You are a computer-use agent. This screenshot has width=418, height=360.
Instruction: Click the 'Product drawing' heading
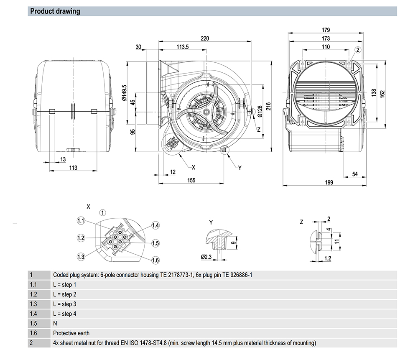click(55, 11)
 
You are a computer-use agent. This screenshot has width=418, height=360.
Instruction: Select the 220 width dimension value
click(205, 38)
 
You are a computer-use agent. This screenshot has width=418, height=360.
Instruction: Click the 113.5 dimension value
click(183, 47)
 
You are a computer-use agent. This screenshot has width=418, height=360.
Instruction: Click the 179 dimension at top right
click(326, 30)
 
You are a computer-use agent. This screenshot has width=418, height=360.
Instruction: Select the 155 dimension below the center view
click(191, 180)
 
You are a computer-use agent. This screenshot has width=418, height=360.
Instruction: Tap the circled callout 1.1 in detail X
click(81, 220)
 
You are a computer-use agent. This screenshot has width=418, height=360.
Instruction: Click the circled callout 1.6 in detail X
click(155, 260)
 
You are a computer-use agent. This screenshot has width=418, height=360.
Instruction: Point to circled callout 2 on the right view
click(358, 50)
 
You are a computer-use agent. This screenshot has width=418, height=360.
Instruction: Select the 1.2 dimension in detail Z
click(327, 258)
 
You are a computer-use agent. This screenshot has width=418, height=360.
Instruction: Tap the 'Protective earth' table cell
click(71, 333)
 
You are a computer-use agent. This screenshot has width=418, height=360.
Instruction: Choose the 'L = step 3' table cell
click(65, 304)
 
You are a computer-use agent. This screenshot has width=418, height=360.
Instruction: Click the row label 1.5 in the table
click(33, 324)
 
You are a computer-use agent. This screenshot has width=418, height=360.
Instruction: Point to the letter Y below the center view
click(240, 168)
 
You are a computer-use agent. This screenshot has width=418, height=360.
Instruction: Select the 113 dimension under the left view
click(73, 168)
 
